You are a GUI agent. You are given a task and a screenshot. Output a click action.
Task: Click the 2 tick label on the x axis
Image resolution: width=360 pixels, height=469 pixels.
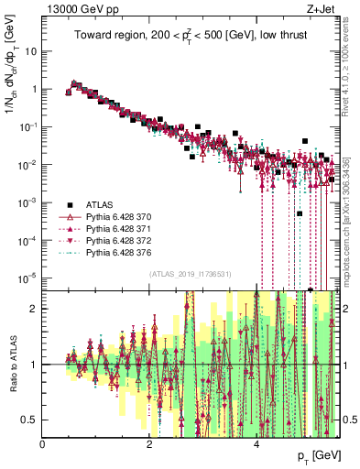point(150,444)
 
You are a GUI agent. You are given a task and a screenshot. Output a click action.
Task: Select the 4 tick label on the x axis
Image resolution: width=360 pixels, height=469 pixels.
point(257,444)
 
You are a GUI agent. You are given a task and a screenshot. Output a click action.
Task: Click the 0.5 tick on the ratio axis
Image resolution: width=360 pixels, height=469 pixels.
point(29,420)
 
